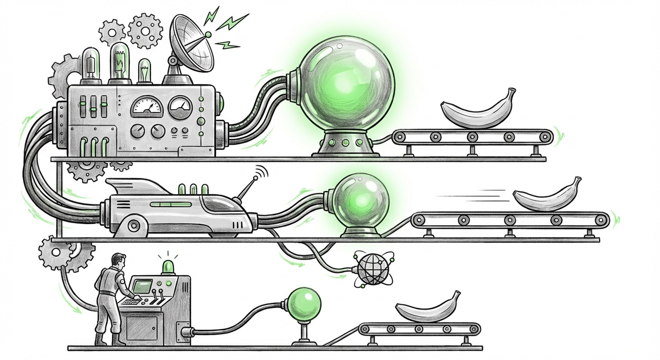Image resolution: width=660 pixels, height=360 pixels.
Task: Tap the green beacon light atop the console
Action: point(167,266)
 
